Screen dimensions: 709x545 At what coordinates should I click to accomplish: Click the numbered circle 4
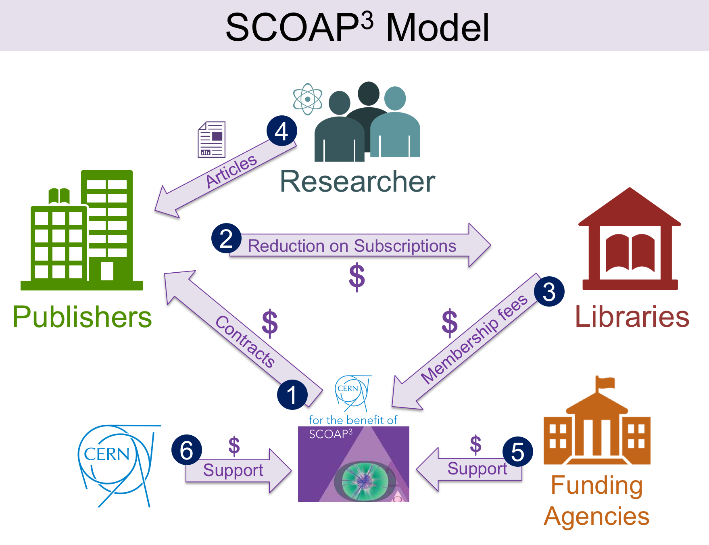pos(282,131)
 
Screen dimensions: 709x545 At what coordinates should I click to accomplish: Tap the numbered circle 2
pos(226,238)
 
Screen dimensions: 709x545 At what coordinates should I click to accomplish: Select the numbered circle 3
pos(549,291)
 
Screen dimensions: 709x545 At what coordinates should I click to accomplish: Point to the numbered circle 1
pos(292,395)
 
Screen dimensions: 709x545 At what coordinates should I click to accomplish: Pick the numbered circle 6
pos(186,449)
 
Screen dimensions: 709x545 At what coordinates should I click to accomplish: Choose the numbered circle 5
pos(517,451)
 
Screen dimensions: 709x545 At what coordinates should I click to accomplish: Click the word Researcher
pos(357,182)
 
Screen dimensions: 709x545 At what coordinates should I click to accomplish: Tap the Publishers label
pos(82,317)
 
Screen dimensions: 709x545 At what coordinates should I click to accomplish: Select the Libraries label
pos(632,317)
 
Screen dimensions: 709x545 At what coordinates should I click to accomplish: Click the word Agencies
pos(596,516)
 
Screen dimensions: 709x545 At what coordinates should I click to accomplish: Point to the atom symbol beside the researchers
pos(308,99)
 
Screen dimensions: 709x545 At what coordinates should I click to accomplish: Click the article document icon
pos(212,140)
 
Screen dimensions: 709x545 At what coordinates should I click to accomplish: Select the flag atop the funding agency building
pos(605,383)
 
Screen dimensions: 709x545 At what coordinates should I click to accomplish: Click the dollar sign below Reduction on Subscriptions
pos(357,277)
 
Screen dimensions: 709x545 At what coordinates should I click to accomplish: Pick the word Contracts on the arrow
pos(245,341)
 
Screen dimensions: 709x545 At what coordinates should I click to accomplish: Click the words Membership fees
pos(474,339)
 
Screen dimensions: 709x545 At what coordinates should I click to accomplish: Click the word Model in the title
pos(438,27)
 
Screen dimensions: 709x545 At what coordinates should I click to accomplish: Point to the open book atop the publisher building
pos(59,196)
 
